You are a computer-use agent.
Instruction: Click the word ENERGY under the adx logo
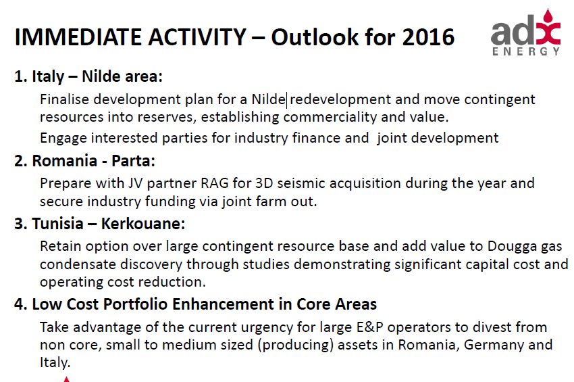click(x=526, y=51)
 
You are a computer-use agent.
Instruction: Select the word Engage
click(x=63, y=138)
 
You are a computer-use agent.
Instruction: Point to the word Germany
click(x=498, y=345)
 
